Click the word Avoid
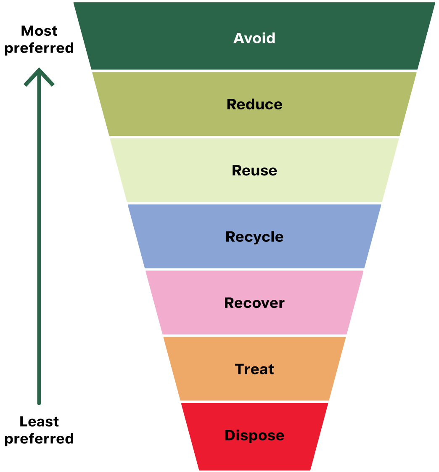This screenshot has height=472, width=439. coord(254,38)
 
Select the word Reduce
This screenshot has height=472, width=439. coord(254,104)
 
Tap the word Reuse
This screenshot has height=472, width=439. coord(254,171)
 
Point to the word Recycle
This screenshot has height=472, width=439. coord(254,237)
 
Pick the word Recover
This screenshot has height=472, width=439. coord(254,303)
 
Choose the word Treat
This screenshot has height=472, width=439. coord(254,369)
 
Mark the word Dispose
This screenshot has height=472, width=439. coord(254,435)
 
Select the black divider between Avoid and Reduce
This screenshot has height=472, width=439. coord(254,71)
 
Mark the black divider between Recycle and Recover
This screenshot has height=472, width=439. coord(254,269)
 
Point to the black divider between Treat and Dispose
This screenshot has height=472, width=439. coord(254,402)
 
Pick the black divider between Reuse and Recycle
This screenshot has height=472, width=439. coord(254,203)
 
